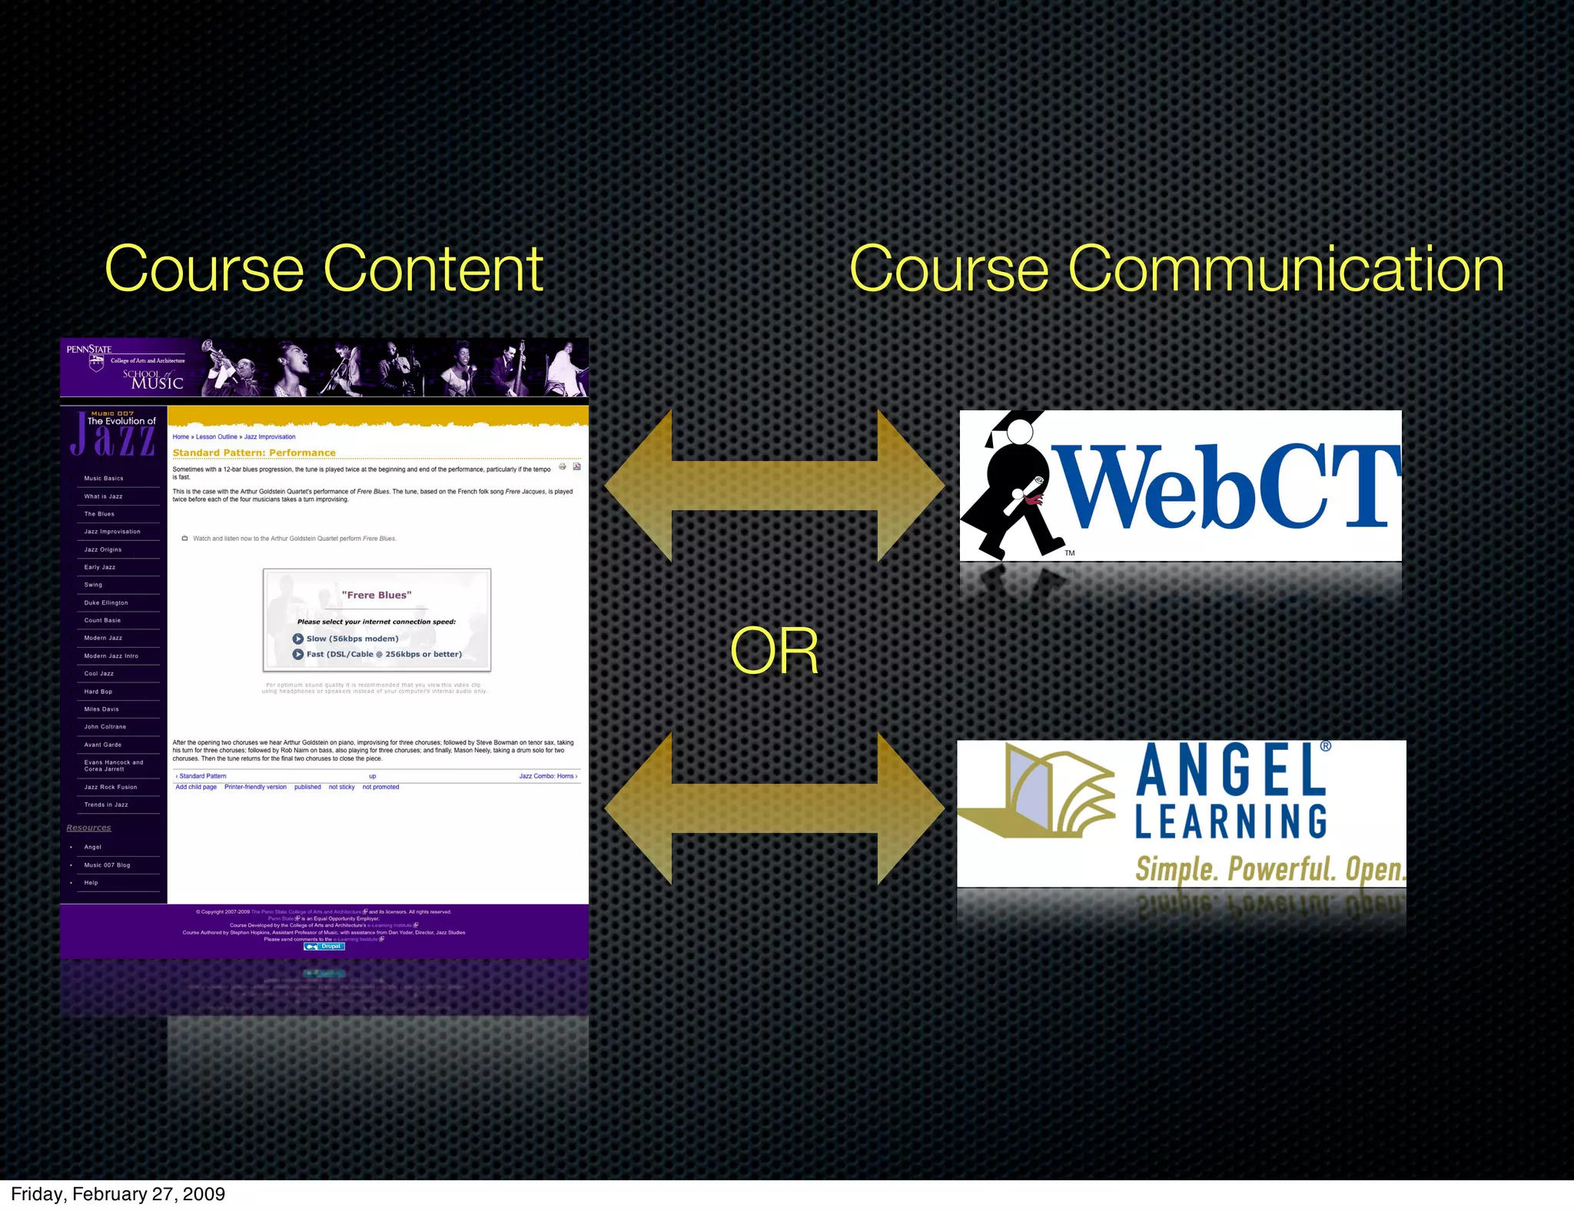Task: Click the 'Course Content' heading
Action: (x=324, y=269)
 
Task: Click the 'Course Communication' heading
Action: (x=1176, y=269)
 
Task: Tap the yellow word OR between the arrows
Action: (x=774, y=651)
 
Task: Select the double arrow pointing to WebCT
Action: (x=774, y=486)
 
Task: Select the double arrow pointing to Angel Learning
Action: (x=774, y=808)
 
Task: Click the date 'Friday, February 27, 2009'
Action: (x=118, y=1194)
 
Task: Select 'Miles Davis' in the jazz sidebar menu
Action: (x=101, y=709)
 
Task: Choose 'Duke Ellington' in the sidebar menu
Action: (x=106, y=603)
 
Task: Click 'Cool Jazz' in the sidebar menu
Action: (x=99, y=674)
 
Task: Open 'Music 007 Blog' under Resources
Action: (x=107, y=865)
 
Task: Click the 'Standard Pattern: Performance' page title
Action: (x=254, y=453)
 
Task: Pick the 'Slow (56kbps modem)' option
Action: (x=352, y=639)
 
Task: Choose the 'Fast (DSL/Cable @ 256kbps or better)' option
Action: (x=384, y=655)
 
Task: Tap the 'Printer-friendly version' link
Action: (x=255, y=787)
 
